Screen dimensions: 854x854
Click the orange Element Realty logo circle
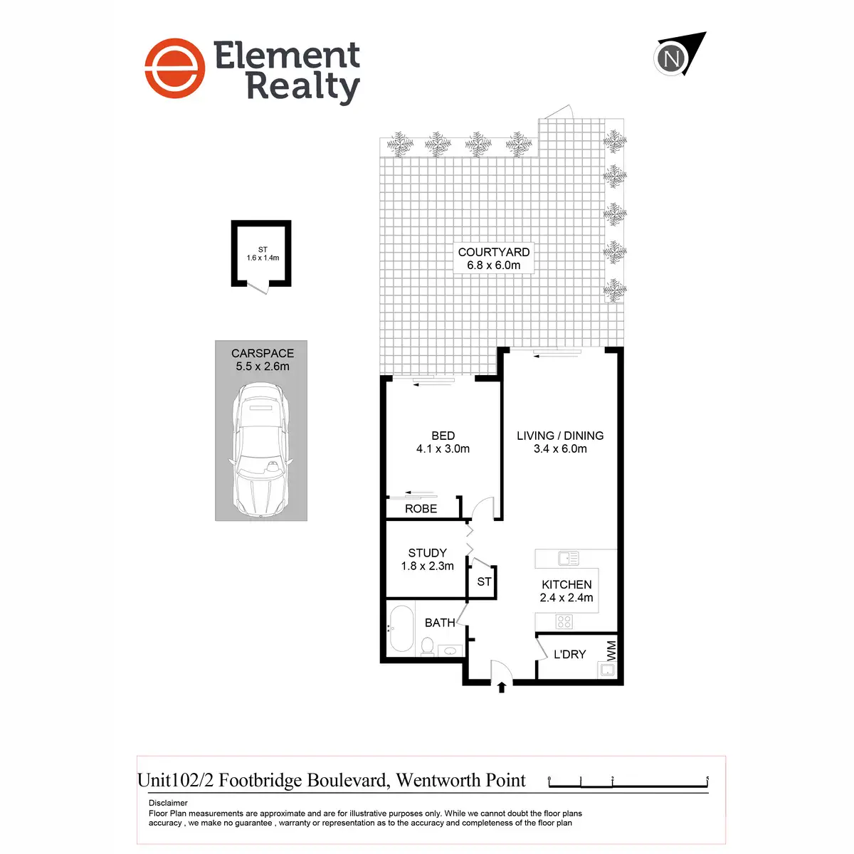click(x=174, y=68)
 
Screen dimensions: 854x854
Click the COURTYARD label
click(x=493, y=252)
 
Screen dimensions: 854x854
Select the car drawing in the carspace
click(x=260, y=450)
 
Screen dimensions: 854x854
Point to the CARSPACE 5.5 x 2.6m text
click(x=263, y=359)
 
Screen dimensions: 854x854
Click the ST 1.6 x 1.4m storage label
click(x=263, y=253)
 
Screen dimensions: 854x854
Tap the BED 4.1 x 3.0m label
click(x=443, y=442)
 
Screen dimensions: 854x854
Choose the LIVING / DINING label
click(x=560, y=436)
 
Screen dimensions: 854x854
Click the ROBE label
click(x=421, y=508)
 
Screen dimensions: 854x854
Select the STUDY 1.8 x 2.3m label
click(x=427, y=559)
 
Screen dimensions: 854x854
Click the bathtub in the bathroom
click(x=401, y=628)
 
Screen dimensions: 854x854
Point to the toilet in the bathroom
click(x=427, y=645)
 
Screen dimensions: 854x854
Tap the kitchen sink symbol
click(x=568, y=558)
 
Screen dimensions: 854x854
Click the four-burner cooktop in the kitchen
click(x=564, y=621)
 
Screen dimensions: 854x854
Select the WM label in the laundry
click(x=611, y=650)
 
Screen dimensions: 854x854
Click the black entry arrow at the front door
click(x=501, y=687)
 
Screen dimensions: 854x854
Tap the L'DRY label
click(x=569, y=654)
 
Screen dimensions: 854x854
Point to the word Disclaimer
click(x=168, y=803)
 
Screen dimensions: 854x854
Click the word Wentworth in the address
click(x=438, y=780)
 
